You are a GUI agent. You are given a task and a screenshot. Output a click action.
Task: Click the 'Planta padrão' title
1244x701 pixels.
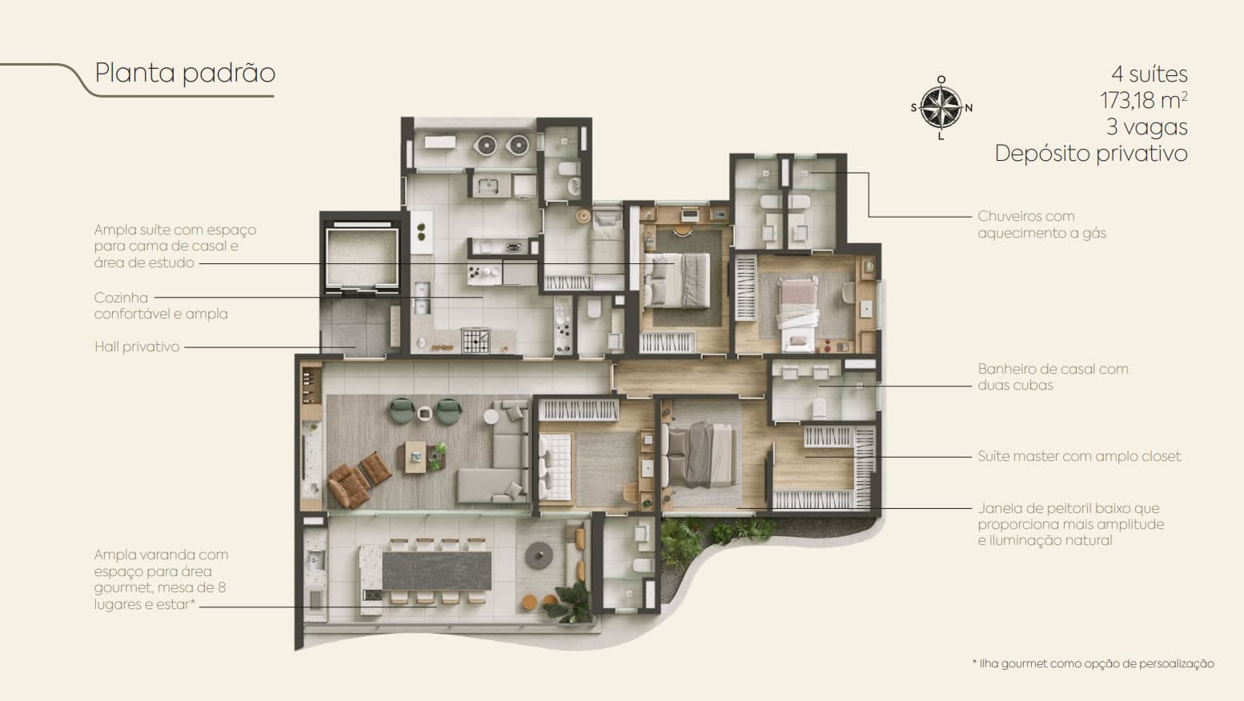[185, 74]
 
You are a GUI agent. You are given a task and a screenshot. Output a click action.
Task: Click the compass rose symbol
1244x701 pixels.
[941, 108]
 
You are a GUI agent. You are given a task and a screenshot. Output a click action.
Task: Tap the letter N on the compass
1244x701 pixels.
[969, 108]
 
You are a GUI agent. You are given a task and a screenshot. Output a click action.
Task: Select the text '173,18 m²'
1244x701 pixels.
[1144, 100]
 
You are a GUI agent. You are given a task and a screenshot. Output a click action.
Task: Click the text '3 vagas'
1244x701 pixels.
[1147, 127]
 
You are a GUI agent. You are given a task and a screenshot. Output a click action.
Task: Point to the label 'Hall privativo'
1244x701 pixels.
[137, 346]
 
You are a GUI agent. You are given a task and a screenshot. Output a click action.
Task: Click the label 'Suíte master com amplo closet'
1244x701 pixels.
[1079, 456]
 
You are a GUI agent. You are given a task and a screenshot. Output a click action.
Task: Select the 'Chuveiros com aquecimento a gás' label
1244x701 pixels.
[1041, 224]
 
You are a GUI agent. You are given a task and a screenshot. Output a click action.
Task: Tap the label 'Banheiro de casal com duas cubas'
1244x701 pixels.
[1053, 377]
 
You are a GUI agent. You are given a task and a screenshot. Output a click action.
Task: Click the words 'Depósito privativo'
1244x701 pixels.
[1091, 154]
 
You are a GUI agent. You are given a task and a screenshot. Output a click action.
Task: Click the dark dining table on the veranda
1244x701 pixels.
[437, 571]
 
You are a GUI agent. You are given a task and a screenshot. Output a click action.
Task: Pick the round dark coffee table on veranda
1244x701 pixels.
[539, 555]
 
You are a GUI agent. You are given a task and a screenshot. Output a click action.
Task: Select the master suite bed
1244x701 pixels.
[702, 455]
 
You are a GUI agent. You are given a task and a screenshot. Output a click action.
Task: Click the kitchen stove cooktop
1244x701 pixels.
[476, 341]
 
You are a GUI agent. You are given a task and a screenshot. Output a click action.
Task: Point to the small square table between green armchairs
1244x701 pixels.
[425, 413]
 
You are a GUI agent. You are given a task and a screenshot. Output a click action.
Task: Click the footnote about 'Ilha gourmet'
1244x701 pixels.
[1093, 664]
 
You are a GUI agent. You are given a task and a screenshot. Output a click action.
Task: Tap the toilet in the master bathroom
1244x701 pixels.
[819, 408]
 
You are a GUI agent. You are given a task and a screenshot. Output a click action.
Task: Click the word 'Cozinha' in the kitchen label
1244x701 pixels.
[121, 298]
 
